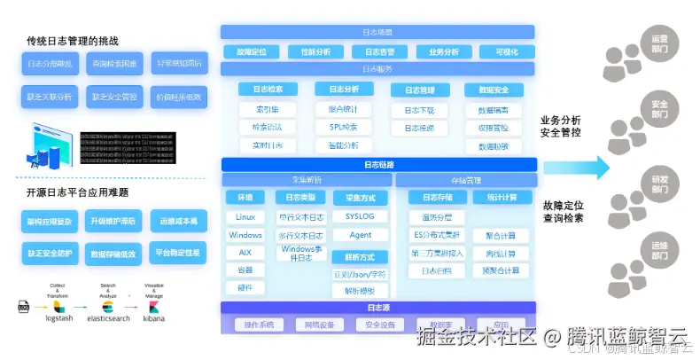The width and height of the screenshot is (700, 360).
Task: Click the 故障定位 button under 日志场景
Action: [x=252, y=52]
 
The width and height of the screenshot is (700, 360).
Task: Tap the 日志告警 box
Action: [x=379, y=52]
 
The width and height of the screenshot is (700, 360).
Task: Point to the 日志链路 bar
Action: [x=379, y=164]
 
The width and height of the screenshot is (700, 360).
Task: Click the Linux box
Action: [x=245, y=217]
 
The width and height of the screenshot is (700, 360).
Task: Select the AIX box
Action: [x=245, y=253]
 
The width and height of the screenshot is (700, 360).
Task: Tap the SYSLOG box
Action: [x=360, y=217]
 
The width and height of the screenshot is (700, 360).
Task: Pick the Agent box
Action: [x=360, y=235]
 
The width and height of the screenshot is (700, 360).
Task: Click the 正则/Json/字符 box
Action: [x=360, y=274]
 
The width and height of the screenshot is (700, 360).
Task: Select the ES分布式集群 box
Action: [x=438, y=235]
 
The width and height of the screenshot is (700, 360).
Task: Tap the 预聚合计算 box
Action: [x=502, y=270]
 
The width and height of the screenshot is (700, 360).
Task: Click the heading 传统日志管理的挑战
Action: [x=73, y=41]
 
